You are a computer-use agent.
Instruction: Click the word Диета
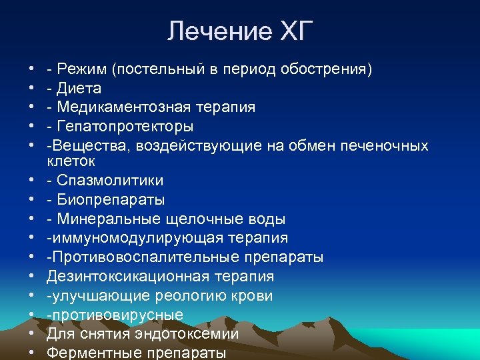(x=79, y=88)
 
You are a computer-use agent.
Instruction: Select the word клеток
(x=71, y=161)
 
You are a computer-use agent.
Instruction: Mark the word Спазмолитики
(x=110, y=181)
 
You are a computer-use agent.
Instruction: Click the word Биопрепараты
(x=111, y=199)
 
